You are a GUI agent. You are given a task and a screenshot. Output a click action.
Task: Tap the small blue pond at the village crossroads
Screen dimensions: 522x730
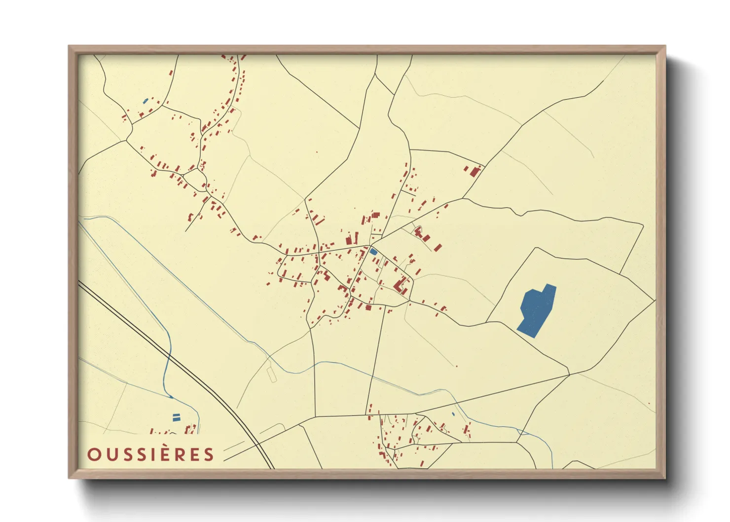click(x=373, y=252)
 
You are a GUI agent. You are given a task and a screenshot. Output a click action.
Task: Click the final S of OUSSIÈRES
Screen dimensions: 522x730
click(x=209, y=454)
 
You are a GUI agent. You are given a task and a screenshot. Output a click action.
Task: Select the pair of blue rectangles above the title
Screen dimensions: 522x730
click(x=176, y=417)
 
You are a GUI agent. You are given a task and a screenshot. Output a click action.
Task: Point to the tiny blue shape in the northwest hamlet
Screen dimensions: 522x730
click(x=145, y=102)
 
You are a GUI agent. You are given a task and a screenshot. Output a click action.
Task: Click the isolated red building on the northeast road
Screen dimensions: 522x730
click(x=475, y=172)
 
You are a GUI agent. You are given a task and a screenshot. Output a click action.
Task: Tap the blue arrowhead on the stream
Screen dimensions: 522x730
click(x=171, y=396)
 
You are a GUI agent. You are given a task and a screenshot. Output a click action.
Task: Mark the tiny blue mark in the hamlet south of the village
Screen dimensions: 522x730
click(x=453, y=413)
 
